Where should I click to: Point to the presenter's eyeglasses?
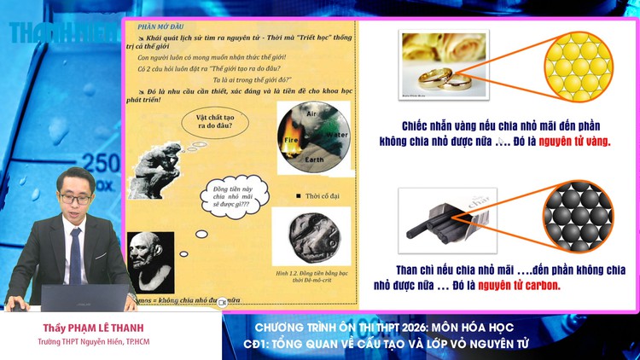pyautogui.click(x=75, y=198)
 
